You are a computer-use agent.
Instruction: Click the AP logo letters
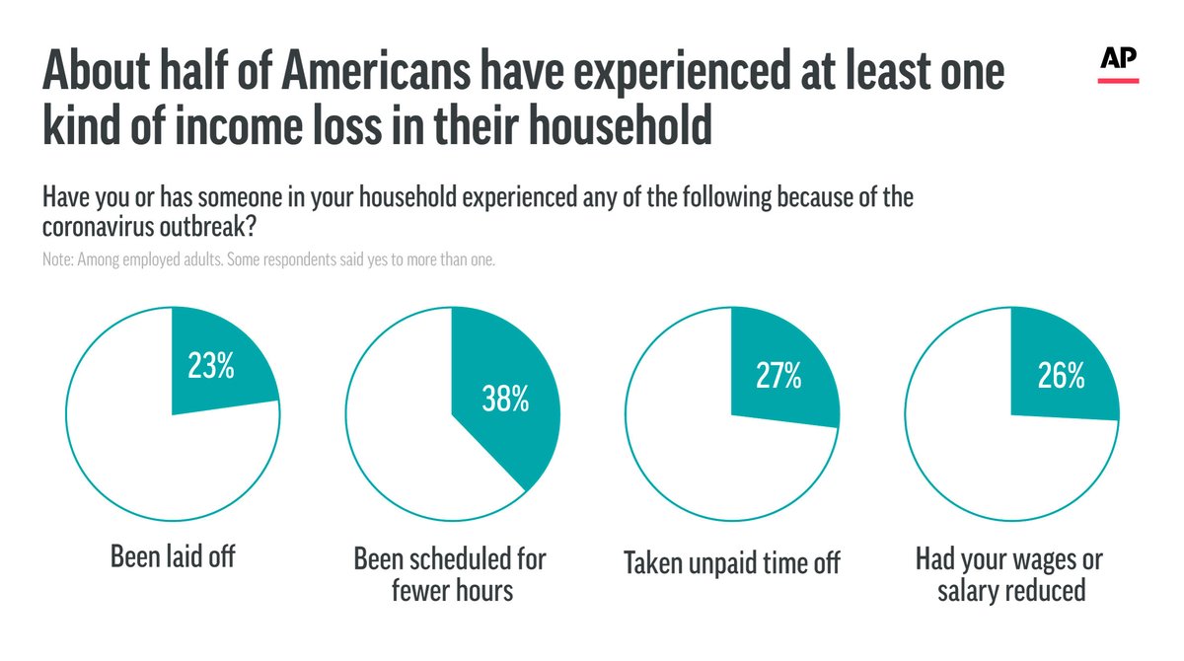1119,59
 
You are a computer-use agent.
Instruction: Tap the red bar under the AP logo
1119,80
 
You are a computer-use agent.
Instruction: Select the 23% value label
211,367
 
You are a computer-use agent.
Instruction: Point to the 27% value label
777,376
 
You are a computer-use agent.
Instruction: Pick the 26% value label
1061,376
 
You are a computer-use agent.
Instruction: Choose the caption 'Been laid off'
173,557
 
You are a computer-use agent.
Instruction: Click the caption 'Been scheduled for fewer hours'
450,574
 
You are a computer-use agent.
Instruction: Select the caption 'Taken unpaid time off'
731,563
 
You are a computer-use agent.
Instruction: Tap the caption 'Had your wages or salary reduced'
1009,574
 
